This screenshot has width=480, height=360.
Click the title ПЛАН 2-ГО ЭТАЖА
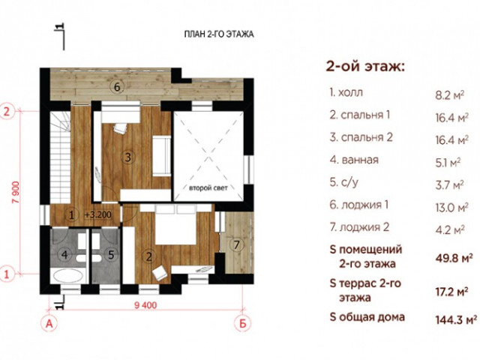tap(219, 34)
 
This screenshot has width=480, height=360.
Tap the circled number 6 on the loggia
tap(117, 87)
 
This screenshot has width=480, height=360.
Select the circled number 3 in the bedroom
tap(127, 157)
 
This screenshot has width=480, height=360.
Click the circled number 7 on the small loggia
tap(236, 245)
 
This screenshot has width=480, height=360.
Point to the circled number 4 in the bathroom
tap(64, 255)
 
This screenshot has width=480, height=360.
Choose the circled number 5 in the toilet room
tap(111, 255)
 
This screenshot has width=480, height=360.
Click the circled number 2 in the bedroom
tap(149, 256)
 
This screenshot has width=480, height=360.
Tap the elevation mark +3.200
tap(98, 215)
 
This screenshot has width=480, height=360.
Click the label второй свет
tap(208, 188)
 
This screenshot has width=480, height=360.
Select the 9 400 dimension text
tap(145, 305)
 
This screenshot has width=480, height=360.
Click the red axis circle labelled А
tap(49, 323)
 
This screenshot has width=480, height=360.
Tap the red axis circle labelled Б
tap(243, 323)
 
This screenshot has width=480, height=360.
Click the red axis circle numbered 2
tap(7, 112)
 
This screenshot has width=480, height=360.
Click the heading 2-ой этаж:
tap(365, 67)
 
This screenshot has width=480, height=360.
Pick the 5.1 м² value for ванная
tap(448, 163)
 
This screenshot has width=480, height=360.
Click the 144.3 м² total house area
tap(456, 319)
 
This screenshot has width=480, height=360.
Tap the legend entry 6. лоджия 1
tap(359, 205)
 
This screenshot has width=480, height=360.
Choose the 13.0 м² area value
tap(451, 208)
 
